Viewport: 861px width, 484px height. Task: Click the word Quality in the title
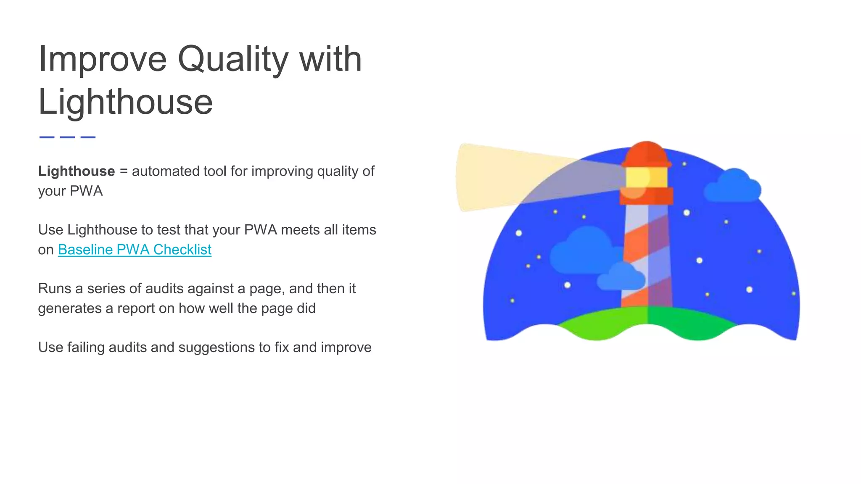point(233,60)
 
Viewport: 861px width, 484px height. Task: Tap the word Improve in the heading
point(102,60)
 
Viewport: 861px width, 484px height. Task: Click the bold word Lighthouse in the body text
point(76,171)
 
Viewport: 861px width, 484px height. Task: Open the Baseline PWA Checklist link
point(135,250)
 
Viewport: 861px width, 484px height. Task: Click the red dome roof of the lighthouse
point(646,153)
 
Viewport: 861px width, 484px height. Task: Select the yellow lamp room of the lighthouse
point(646,178)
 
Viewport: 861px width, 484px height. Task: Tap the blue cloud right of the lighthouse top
point(733,187)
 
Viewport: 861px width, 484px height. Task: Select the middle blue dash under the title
point(67,137)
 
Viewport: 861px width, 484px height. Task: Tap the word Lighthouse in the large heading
point(125,102)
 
